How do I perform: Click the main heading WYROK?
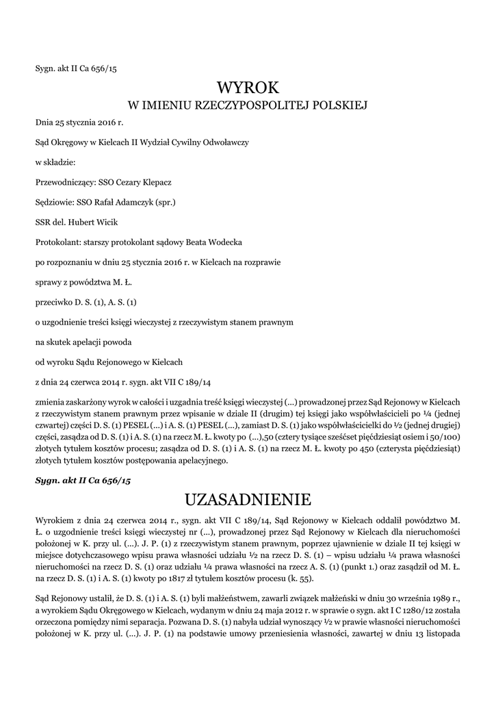[x=248, y=88]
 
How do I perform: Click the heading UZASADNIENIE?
[x=248, y=496]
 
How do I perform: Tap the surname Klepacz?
[x=154, y=183]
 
